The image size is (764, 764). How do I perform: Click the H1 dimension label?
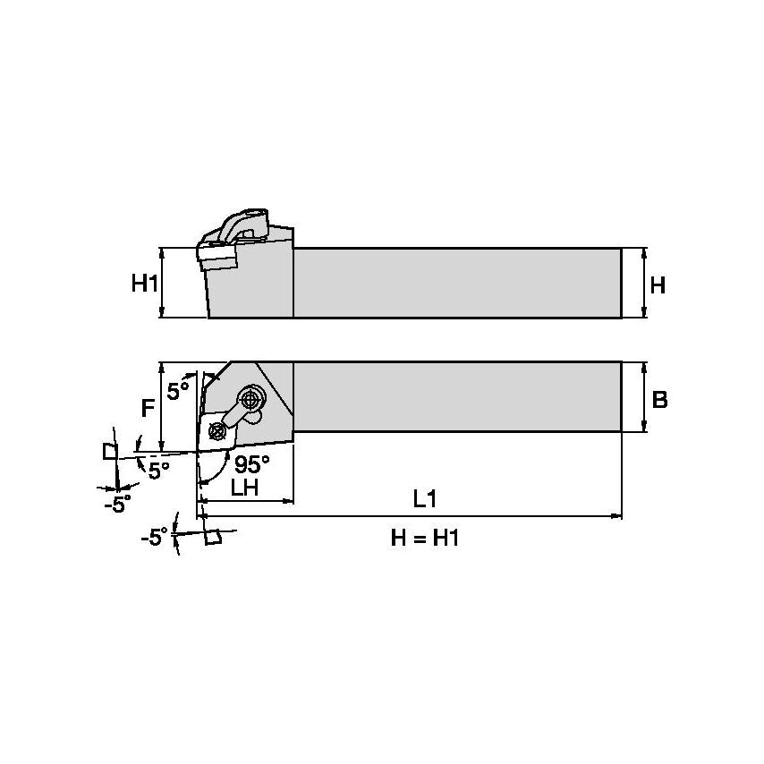144,284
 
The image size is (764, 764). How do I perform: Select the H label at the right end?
657,285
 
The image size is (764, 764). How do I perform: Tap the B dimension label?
659,400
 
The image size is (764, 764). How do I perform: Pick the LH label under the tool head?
244,488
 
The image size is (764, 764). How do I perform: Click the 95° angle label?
251,465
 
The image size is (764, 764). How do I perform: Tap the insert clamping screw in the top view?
216,432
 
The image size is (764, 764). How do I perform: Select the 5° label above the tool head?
179,391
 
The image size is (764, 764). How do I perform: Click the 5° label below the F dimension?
159,470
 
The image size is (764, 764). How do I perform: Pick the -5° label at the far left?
116,504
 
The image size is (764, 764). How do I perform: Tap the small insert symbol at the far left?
109,450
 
